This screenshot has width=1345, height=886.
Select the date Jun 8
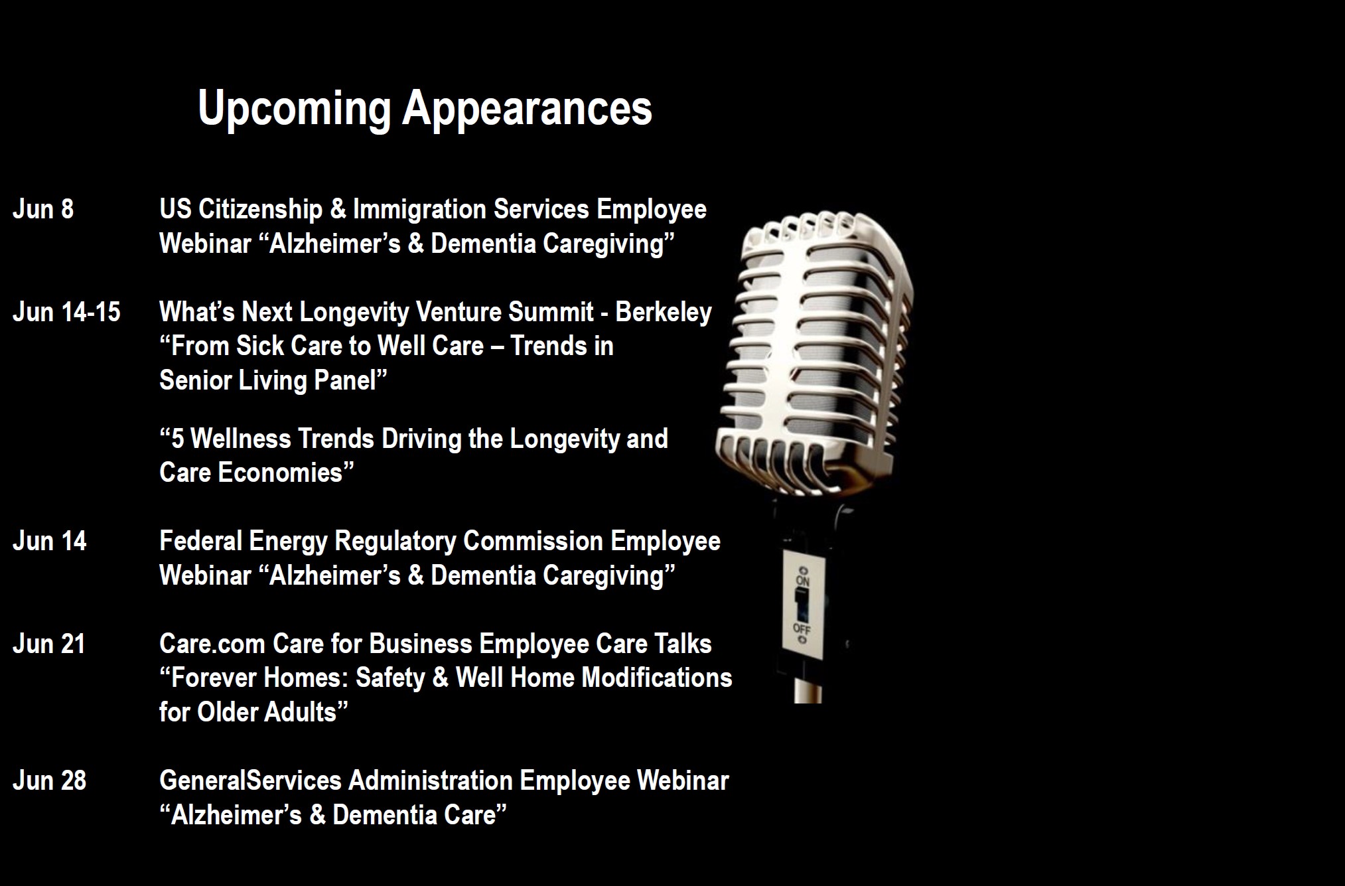tap(43, 210)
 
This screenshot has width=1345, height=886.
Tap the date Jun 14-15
tap(66, 312)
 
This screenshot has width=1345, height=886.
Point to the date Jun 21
tap(49, 644)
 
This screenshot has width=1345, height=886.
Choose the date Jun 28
tap(49, 780)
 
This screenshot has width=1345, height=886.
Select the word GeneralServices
tap(251, 780)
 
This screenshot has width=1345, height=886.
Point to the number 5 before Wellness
tap(177, 439)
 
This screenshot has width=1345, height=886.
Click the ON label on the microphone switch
tap(803, 581)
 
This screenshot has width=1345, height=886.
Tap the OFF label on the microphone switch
tap(802, 627)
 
